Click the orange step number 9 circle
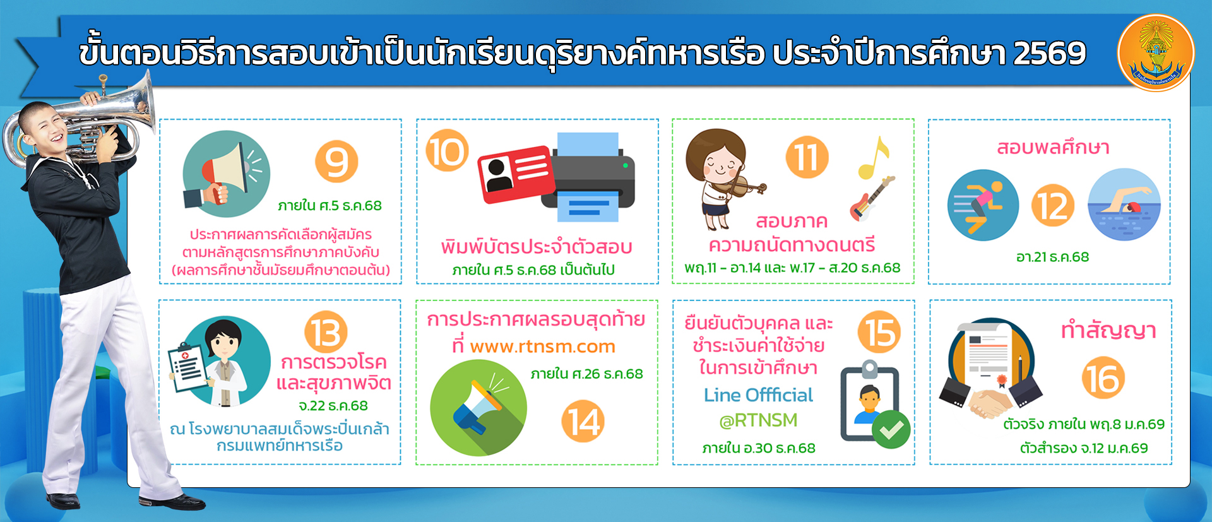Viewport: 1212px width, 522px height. point(336,162)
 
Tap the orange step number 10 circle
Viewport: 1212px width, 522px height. point(448,151)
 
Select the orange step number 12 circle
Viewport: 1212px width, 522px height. point(1053,206)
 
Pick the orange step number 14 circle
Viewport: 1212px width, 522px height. point(583,421)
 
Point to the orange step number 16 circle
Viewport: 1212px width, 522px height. point(1103,377)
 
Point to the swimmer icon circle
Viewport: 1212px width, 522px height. point(1124,205)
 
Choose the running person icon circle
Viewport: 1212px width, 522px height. point(983,205)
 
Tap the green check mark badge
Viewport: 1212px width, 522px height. point(891,429)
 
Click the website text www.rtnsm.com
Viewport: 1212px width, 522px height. point(543,347)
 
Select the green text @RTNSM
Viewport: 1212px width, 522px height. point(758,420)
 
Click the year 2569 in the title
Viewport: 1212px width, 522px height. point(1050,53)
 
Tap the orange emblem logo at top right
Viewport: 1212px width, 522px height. point(1156,53)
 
